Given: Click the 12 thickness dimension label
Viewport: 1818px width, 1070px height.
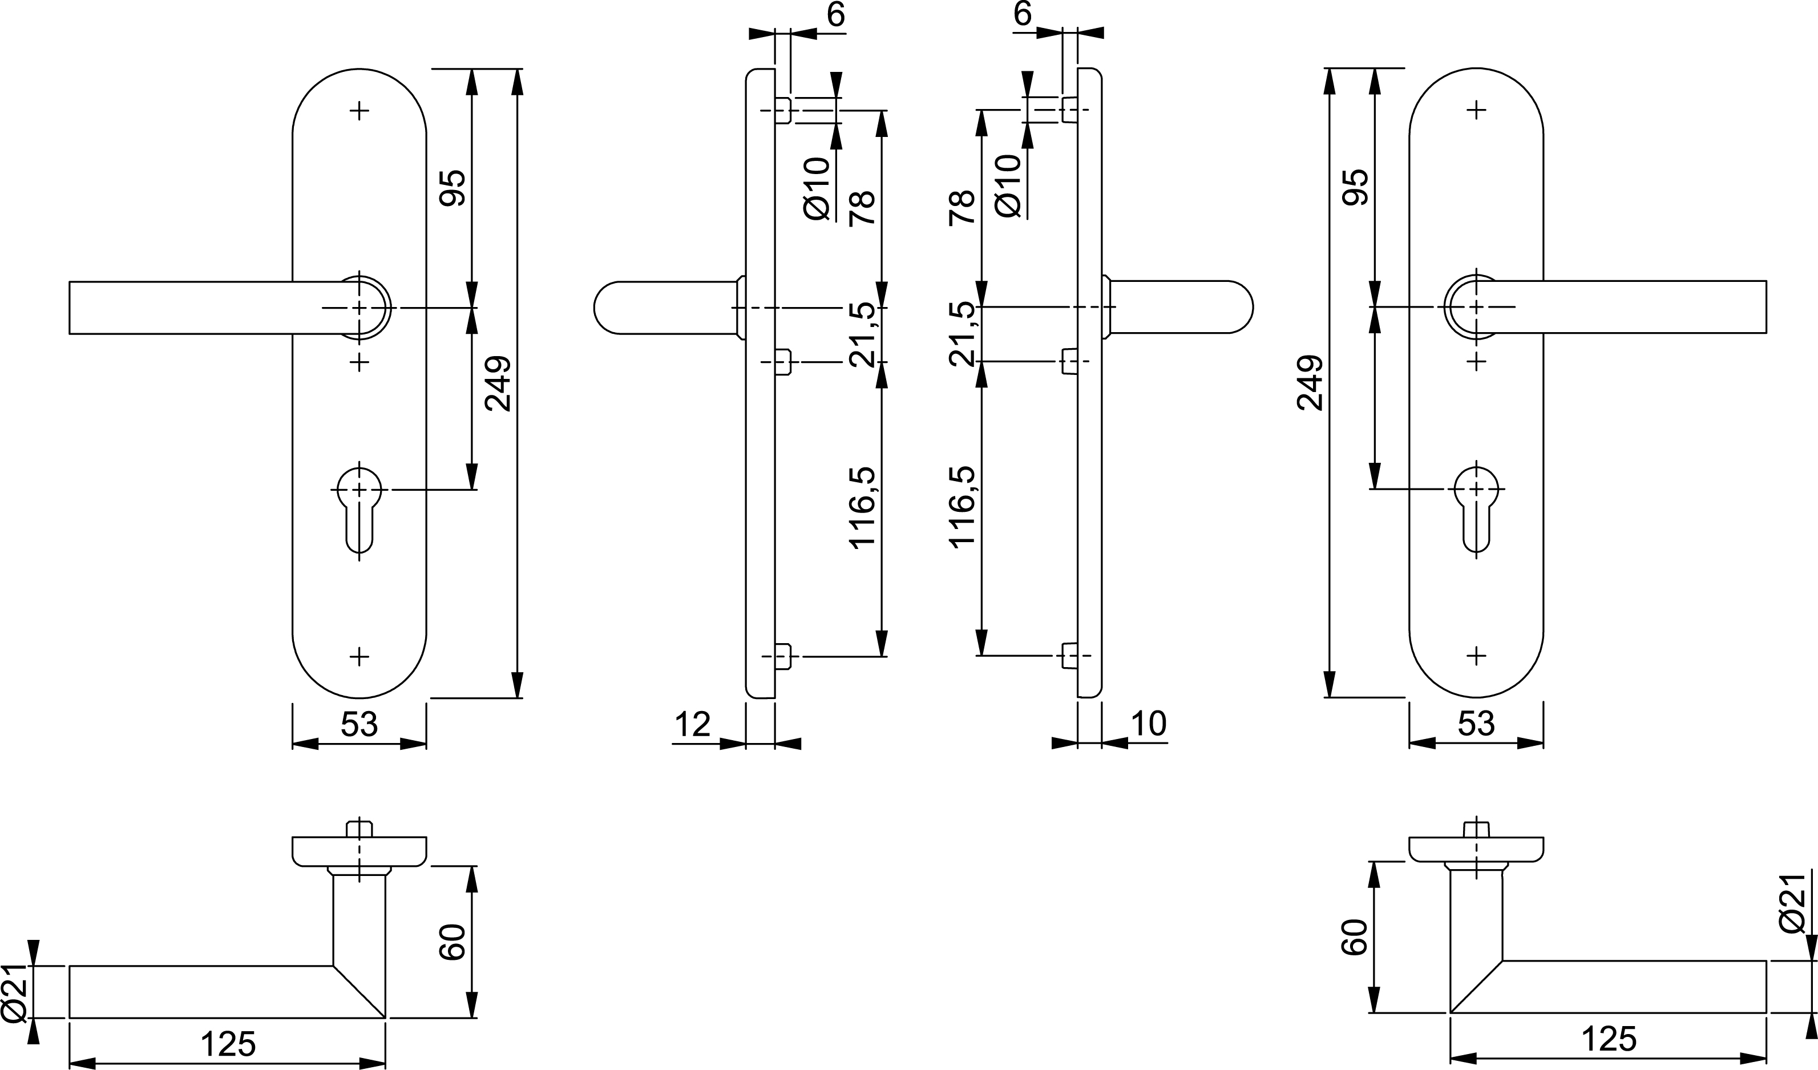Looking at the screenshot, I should [693, 724].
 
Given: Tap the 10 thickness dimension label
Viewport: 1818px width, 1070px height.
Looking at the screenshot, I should [1149, 724].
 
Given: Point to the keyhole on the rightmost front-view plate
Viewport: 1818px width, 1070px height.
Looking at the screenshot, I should [1476, 508].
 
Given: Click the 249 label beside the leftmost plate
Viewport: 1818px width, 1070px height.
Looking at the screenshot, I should [498, 383].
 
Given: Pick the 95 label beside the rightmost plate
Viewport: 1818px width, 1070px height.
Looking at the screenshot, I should [1354, 188].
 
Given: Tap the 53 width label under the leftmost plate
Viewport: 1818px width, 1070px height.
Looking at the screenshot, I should [359, 724].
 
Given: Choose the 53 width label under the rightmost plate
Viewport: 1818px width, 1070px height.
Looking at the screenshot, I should [1476, 724].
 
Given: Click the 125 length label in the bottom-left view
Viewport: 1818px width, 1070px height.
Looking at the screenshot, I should [228, 1044].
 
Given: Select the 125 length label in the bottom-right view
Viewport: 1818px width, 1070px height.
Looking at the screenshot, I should [1608, 1039].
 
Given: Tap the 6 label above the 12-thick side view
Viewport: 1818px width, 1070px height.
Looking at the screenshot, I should [835, 14].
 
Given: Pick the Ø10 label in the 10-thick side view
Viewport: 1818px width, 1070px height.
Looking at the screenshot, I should [1008, 185].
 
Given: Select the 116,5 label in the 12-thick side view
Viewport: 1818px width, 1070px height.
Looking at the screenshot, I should [862, 508].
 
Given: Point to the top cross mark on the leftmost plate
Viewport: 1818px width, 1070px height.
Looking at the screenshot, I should [359, 111].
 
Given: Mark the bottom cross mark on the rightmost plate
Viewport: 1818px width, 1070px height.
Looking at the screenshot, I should [1476, 656].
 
